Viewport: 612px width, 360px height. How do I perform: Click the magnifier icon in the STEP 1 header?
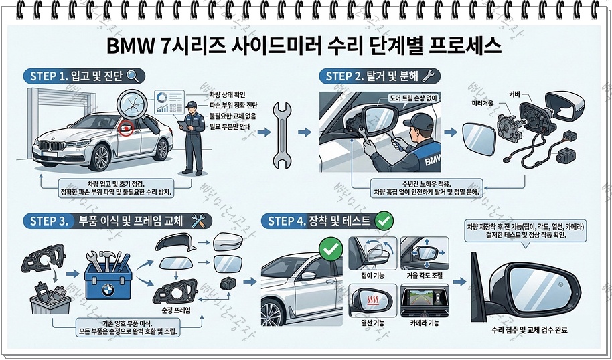133,76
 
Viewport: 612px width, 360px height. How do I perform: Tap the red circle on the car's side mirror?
126,128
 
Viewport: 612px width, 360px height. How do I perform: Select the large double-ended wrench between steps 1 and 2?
282,135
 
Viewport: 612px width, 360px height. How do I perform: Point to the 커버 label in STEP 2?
515,94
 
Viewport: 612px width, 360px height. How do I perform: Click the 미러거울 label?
483,103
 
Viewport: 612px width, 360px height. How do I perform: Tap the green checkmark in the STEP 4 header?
384,221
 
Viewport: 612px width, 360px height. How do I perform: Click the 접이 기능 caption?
372,276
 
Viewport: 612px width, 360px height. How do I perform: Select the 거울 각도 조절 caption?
425,276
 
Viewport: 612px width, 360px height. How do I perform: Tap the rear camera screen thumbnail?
425,300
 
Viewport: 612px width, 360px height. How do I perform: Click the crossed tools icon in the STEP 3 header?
198,221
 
